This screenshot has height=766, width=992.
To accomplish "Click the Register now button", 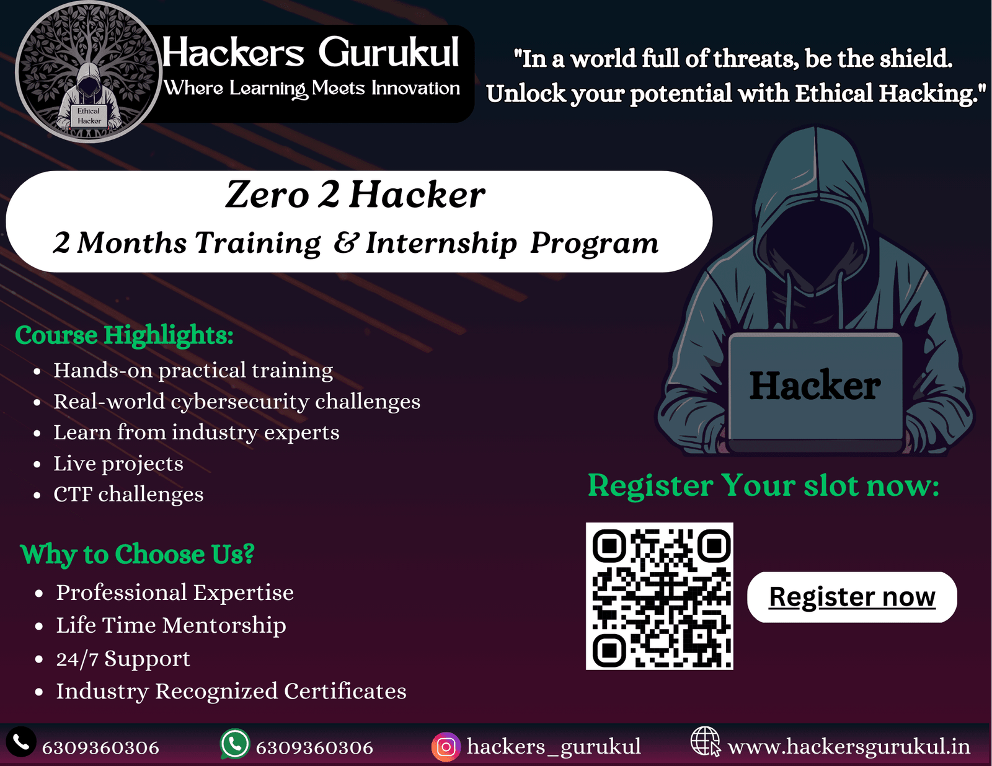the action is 852,597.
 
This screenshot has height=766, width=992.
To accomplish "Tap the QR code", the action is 659,596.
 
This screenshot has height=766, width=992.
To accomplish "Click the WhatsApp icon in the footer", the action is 234,744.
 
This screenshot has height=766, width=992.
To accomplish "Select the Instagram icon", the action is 446,747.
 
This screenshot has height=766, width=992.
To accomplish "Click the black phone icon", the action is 21,742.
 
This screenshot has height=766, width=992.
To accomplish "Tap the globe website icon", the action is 706,742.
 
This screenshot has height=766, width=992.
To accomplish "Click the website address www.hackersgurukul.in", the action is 849,747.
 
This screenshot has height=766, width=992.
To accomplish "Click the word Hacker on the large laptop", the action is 815,386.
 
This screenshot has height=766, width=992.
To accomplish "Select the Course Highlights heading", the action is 124,335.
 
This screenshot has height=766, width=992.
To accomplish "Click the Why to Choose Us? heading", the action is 137,554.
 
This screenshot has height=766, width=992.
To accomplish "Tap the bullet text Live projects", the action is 118,464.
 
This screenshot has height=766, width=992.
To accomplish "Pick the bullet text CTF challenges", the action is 128,494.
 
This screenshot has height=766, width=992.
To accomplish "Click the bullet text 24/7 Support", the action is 123,659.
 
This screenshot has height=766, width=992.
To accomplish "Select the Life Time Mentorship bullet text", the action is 170,625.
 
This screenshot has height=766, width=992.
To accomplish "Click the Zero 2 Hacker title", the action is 355,195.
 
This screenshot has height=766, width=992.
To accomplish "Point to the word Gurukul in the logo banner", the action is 389,53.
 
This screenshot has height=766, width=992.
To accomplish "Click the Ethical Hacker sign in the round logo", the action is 89,116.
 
